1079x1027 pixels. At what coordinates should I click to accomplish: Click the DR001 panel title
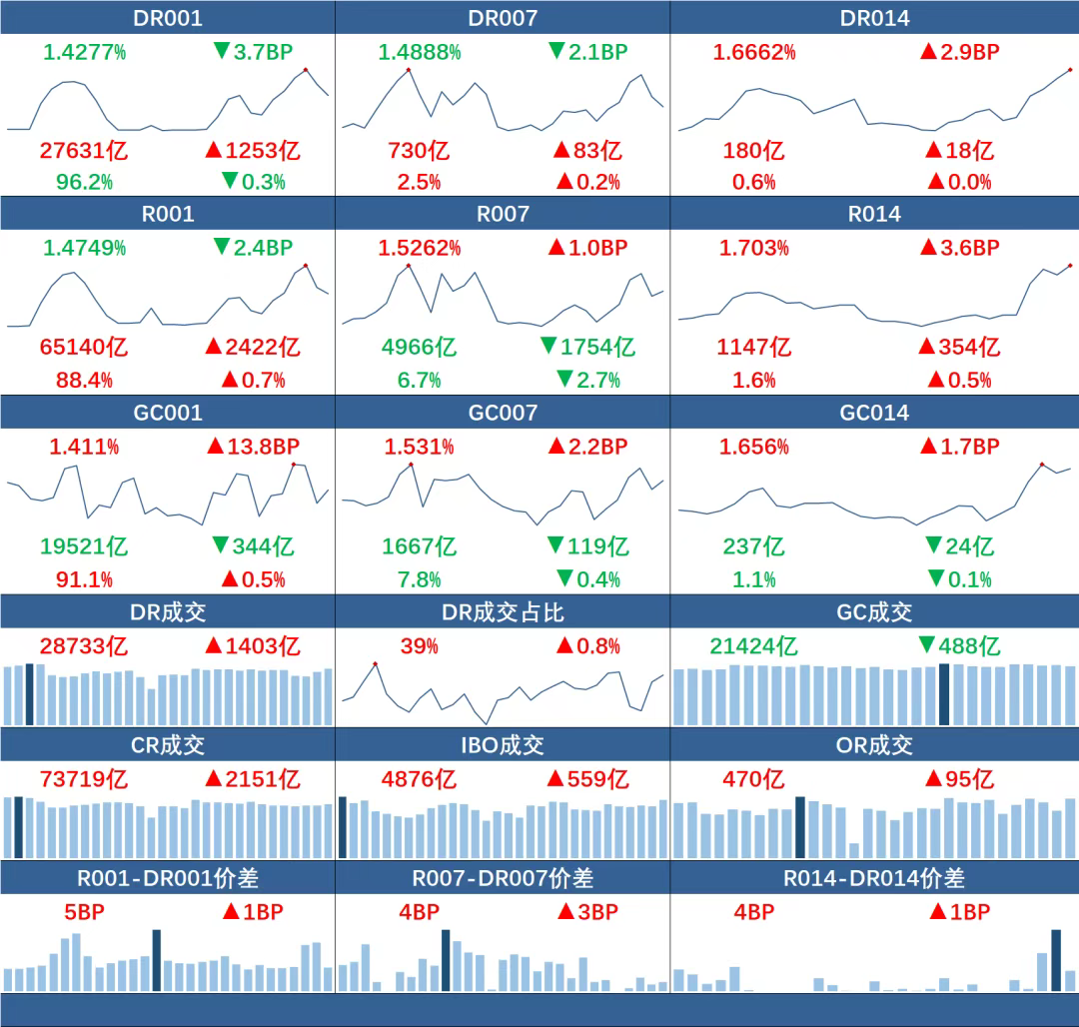[x=167, y=18]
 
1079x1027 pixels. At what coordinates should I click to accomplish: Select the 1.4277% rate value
[x=84, y=52]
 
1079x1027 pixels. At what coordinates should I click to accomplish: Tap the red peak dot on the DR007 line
[x=409, y=70]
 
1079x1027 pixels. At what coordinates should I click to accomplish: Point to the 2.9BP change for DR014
[x=959, y=52]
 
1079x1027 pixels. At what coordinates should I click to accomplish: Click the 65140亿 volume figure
[x=84, y=347]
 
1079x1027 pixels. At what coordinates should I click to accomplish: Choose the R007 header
[x=503, y=214]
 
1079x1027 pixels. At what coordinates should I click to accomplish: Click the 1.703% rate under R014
[x=754, y=248]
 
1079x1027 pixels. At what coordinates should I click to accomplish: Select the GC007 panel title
[x=503, y=413]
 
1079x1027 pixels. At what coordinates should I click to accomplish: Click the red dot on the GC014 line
[x=1041, y=464]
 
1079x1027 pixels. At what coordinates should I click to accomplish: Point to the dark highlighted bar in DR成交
[x=30, y=693]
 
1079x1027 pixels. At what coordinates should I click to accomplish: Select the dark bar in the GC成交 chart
[x=945, y=693]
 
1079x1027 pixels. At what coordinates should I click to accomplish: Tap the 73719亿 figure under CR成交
[x=84, y=779]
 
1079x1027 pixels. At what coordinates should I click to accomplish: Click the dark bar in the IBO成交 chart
[x=342, y=826]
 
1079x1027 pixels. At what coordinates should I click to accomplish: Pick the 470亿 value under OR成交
[x=754, y=779]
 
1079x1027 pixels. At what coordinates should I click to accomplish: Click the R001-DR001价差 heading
[x=167, y=878]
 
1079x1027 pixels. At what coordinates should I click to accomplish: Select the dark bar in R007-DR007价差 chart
[x=446, y=960]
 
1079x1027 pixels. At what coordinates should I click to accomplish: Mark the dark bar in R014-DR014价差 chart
[x=1055, y=960]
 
